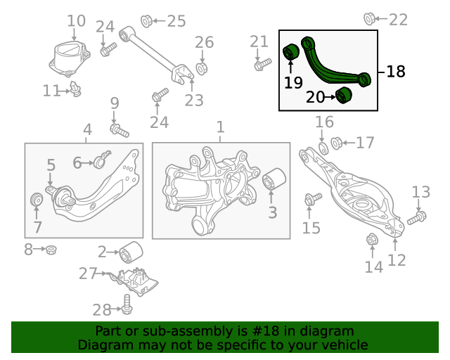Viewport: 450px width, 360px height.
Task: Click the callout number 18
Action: [x=396, y=72]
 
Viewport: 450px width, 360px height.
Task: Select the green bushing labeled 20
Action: [x=344, y=95]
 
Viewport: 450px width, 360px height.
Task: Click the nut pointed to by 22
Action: [x=369, y=19]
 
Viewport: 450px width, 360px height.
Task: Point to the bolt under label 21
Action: [x=262, y=65]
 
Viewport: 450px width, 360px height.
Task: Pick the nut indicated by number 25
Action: [x=147, y=21]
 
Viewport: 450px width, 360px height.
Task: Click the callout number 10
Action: [x=77, y=21]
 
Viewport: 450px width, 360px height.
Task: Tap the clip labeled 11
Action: [x=76, y=89]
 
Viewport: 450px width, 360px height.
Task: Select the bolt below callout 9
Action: [x=120, y=130]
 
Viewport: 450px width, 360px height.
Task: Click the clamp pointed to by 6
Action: [x=101, y=160]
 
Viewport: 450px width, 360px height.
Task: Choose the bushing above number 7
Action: [x=37, y=200]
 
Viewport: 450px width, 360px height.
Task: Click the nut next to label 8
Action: [x=51, y=250]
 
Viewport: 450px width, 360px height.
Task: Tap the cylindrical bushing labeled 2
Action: [x=131, y=252]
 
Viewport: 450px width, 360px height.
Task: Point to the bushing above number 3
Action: [x=274, y=179]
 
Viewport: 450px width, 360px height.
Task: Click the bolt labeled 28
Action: [x=127, y=304]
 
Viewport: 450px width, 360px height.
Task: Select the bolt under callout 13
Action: [x=417, y=218]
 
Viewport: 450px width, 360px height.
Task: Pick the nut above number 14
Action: [x=372, y=240]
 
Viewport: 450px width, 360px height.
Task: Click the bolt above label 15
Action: [x=313, y=199]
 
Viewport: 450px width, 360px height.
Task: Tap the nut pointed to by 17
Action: [x=336, y=143]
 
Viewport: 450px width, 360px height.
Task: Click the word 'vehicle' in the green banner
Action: [x=346, y=345]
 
